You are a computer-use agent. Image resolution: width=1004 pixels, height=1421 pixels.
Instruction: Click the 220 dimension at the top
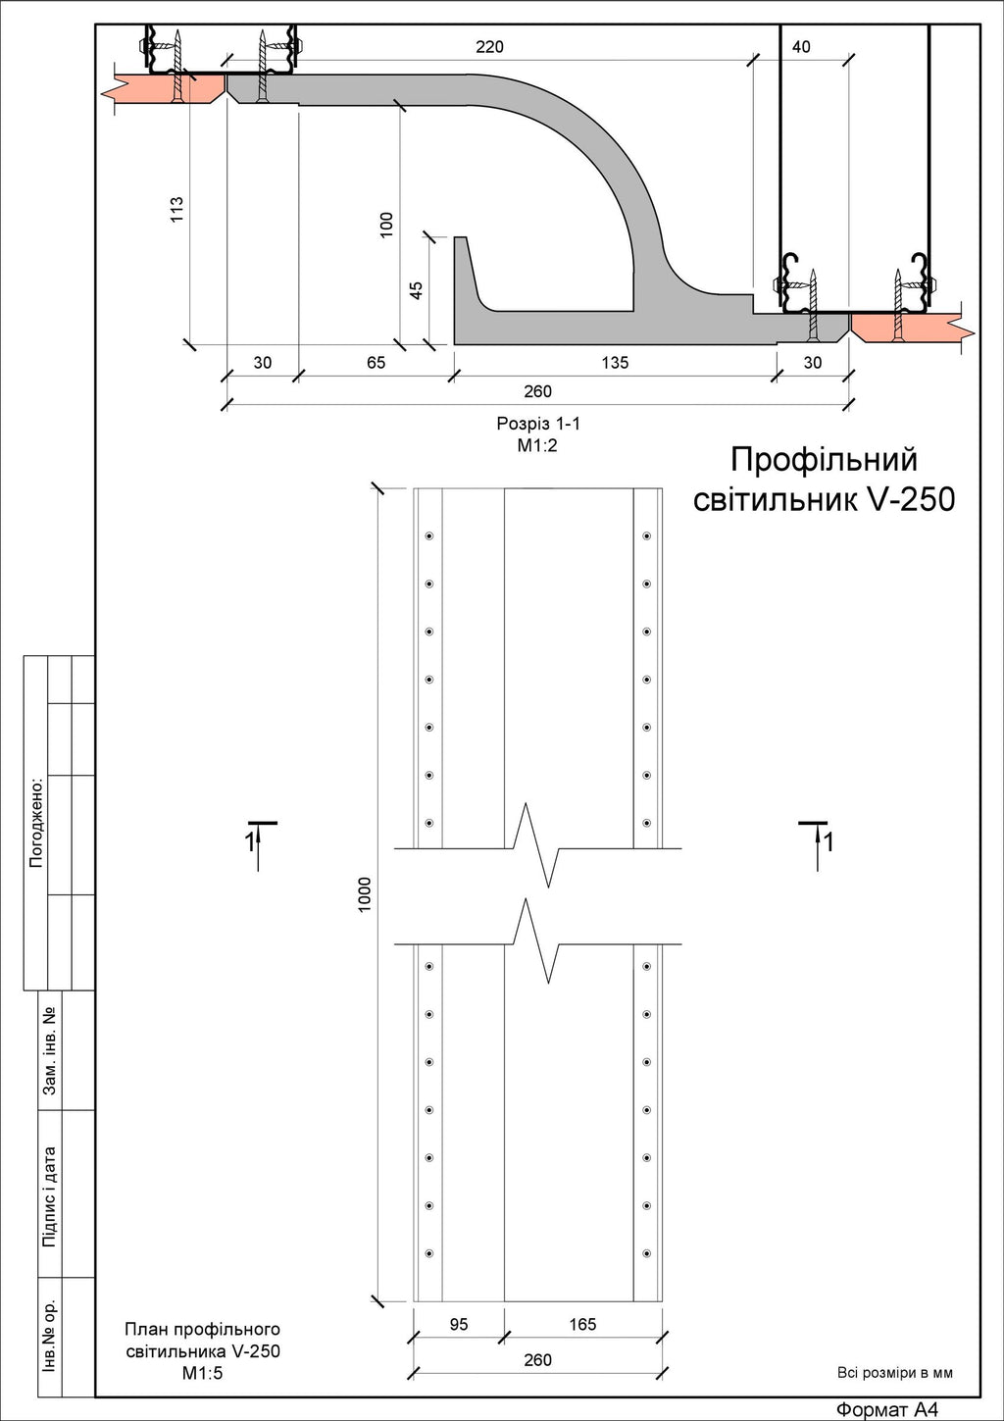click(489, 46)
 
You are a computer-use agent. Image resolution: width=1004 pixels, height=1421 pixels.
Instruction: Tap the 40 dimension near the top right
click(801, 46)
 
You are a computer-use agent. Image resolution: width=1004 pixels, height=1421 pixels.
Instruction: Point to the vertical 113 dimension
click(176, 209)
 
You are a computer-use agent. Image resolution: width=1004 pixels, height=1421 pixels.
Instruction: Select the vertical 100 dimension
click(386, 225)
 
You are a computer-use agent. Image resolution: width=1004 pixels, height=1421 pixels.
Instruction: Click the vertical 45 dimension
click(416, 290)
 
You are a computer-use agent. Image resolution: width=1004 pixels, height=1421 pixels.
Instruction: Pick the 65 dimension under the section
click(376, 362)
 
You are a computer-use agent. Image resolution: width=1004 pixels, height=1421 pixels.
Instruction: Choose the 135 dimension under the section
click(615, 362)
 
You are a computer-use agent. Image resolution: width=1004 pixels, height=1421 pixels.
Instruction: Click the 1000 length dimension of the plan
click(365, 895)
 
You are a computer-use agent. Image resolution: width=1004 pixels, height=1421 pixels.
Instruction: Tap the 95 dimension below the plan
click(459, 1324)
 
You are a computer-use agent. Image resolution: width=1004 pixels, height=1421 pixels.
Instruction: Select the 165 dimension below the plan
click(582, 1324)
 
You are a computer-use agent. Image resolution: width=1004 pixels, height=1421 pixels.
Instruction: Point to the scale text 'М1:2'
click(537, 445)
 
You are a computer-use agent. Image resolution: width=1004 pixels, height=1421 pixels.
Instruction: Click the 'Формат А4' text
click(886, 1410)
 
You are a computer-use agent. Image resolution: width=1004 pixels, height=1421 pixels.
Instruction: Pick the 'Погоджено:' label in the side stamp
click(35, 822)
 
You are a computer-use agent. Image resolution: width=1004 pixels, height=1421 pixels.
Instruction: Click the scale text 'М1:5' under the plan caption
click(203, 1373)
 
